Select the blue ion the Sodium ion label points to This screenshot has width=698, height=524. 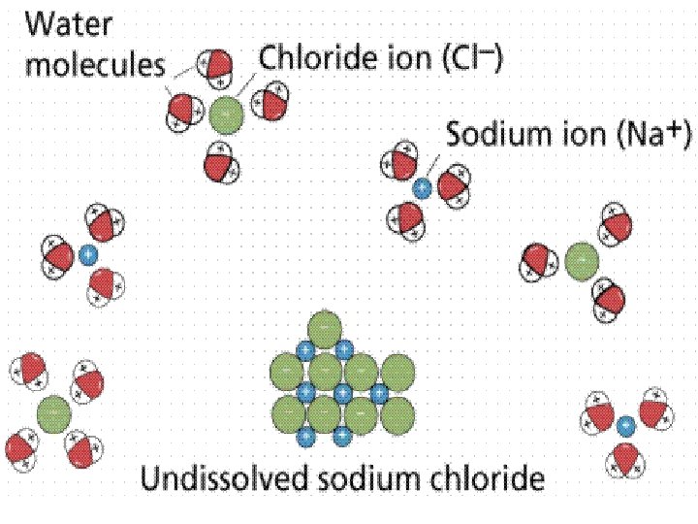point(421,188)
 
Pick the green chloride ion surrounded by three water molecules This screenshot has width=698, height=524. point(581,261)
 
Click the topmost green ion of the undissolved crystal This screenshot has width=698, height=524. point(324,328)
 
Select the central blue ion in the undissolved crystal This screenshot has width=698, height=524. point(342,393)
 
